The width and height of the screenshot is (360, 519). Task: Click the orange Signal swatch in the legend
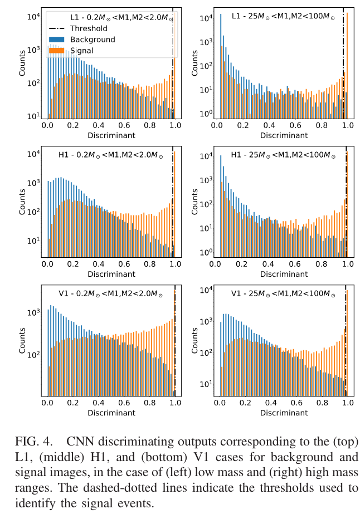coord(58,51)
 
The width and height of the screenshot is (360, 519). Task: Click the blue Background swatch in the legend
coord(58,40)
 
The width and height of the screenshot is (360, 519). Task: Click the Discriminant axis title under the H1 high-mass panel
coord(284,275)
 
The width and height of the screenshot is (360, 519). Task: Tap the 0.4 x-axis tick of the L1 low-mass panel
coord(99,126)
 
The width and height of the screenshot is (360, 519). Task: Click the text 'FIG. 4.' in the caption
coord(32,442)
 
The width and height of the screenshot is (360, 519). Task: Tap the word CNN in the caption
coord(79,442)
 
